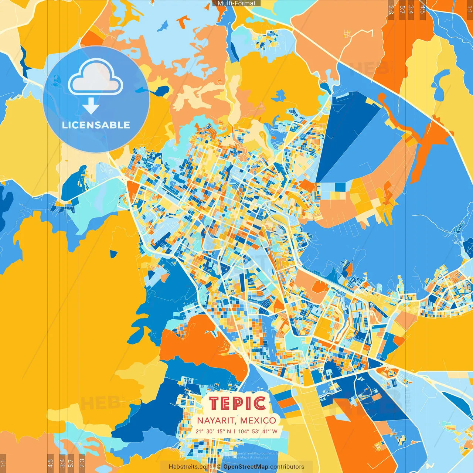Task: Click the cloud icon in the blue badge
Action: (96, 78)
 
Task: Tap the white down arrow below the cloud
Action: (91, 106)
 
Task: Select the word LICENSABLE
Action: (96, 125)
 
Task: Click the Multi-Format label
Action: (236, 3)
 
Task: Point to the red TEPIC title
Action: (238, 404)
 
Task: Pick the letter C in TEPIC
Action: (260, 404)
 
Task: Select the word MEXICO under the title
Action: (258, 421)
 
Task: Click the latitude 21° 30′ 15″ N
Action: (213, 431)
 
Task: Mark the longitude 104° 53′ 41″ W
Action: (258, 431)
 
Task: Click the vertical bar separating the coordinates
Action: (235, 431)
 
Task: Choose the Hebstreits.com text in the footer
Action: (190, 467)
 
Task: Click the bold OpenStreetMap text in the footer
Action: (246, 467)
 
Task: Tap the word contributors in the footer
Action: (287, 467)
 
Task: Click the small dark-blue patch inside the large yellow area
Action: (113, 254)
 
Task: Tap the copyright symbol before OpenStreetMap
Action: (219, 467)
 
